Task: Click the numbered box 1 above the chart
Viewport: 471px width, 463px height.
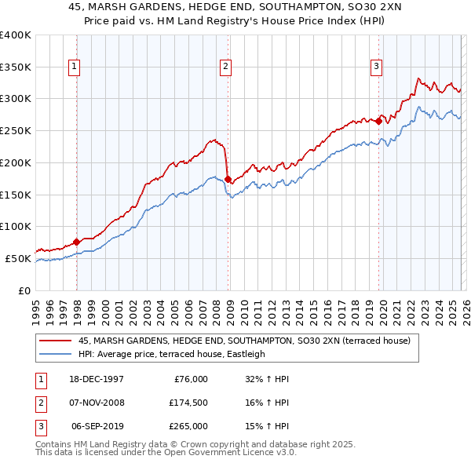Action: point(74,67)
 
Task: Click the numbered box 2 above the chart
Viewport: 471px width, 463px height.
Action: point(225,67)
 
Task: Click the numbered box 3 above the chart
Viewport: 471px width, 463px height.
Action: point(376,67)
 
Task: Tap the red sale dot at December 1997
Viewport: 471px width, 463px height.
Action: point(77,242)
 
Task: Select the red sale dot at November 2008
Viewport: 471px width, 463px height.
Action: point(228,179)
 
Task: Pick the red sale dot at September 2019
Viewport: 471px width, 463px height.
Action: point(378,121)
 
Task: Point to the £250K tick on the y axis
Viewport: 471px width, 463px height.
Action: point(16,130)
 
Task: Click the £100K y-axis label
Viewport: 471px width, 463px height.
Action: point(16,226)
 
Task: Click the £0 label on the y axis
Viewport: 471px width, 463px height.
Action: point(24,290)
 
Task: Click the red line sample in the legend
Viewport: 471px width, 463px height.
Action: point(54,341)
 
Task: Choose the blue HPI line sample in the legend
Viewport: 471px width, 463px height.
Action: point(54,354)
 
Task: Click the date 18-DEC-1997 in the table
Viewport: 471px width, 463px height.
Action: point(97,379)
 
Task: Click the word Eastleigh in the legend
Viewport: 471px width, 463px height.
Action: point(243,354)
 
